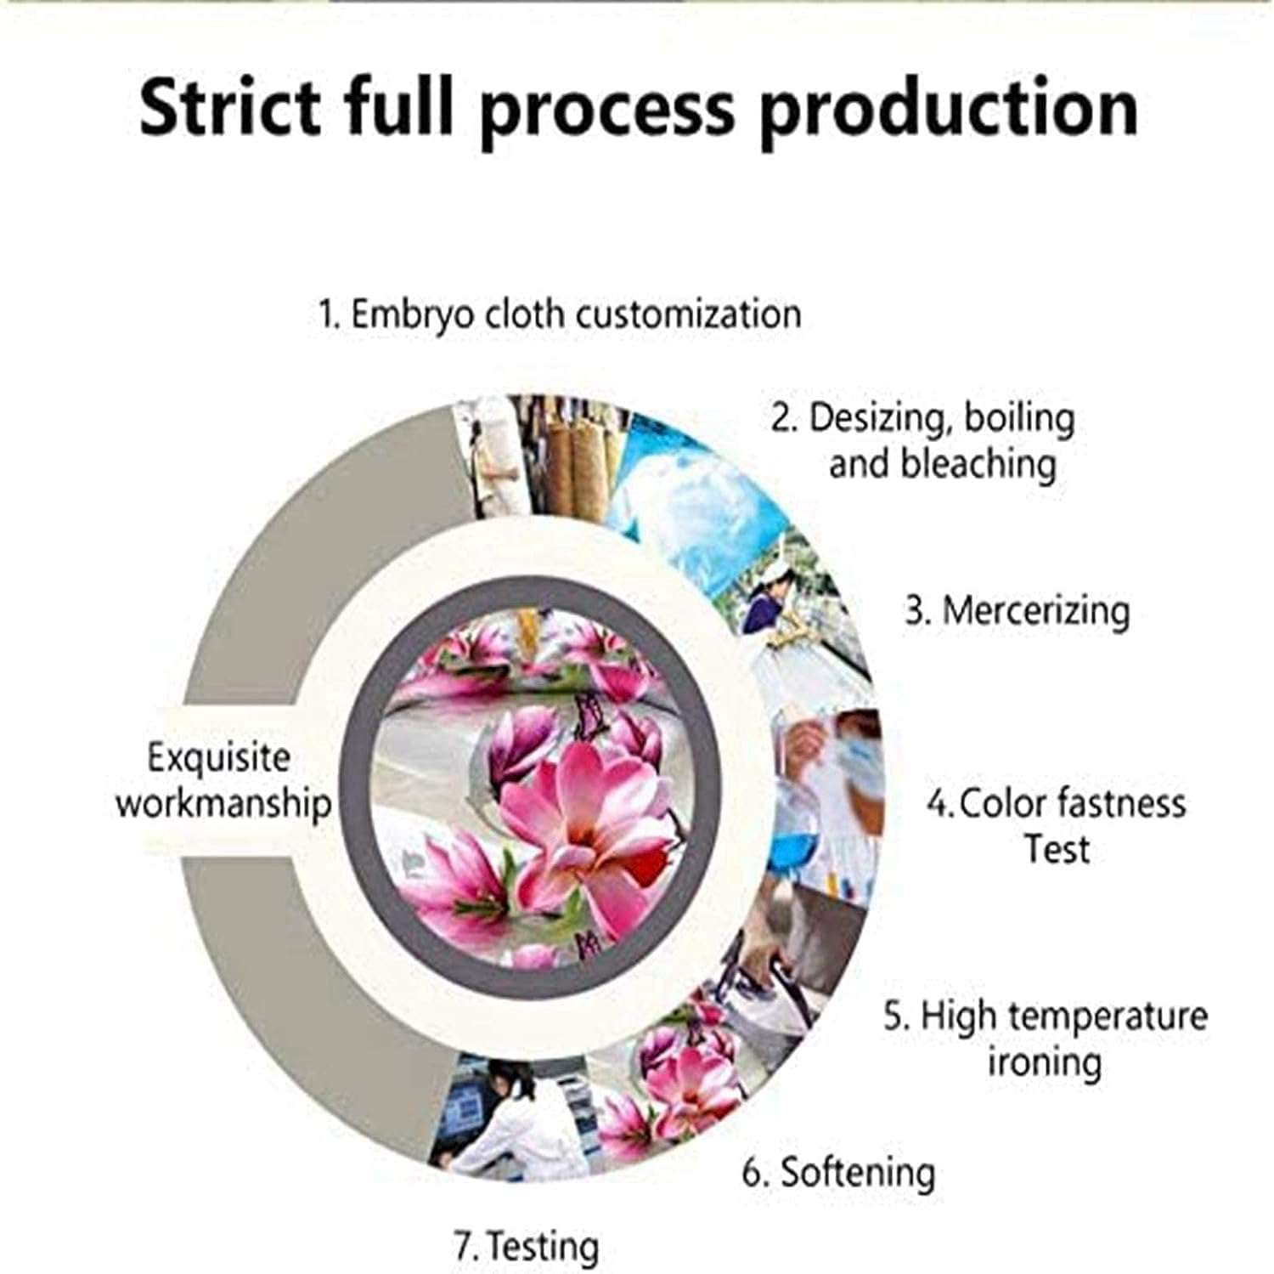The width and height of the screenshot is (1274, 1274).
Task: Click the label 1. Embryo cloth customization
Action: [560, 314]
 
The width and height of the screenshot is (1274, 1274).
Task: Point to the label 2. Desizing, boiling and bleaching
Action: [923, 440]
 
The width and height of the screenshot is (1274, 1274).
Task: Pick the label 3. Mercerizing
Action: [1018, 611]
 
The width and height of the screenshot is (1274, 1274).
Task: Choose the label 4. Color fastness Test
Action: [1057, 825]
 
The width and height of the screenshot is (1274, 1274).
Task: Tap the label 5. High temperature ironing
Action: [1046, 1039]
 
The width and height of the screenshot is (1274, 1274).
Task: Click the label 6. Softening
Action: [839, 1172]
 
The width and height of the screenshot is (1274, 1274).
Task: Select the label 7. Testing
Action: [527, 1247]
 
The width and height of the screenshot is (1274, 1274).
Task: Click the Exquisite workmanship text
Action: [223, 780]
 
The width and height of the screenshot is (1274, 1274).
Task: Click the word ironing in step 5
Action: [1045, 1062]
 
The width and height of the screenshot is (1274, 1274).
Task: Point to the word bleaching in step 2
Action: [943, 464]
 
